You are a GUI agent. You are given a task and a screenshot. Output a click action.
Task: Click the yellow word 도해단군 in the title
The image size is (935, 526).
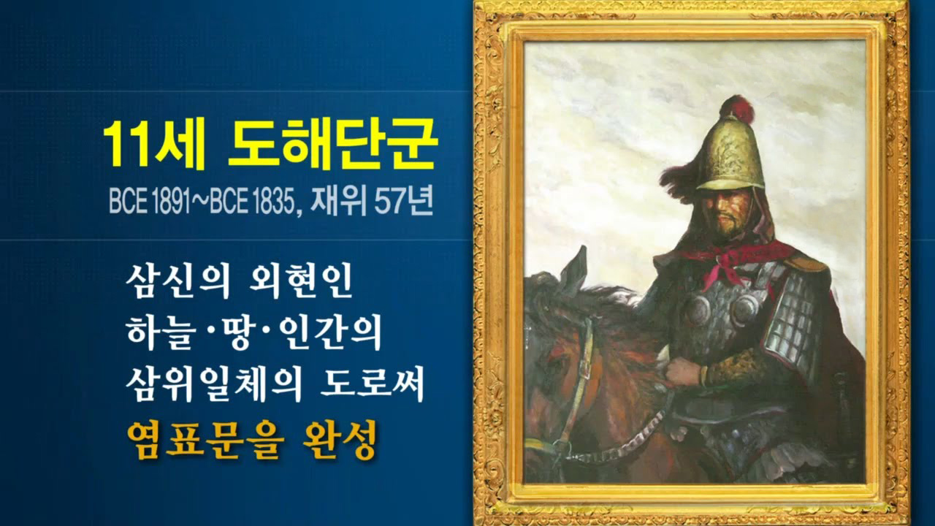pos(332,142)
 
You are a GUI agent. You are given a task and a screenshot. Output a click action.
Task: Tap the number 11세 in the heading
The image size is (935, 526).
pos(154,142)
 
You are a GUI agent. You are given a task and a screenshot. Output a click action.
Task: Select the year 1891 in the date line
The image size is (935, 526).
pos(171,202)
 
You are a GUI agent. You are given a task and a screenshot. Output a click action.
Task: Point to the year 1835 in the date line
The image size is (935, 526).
pos(273,202)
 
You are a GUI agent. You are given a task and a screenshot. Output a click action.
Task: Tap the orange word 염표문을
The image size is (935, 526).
pos(205,441)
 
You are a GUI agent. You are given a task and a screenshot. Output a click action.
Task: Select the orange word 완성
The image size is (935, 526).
pos(339,441)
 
